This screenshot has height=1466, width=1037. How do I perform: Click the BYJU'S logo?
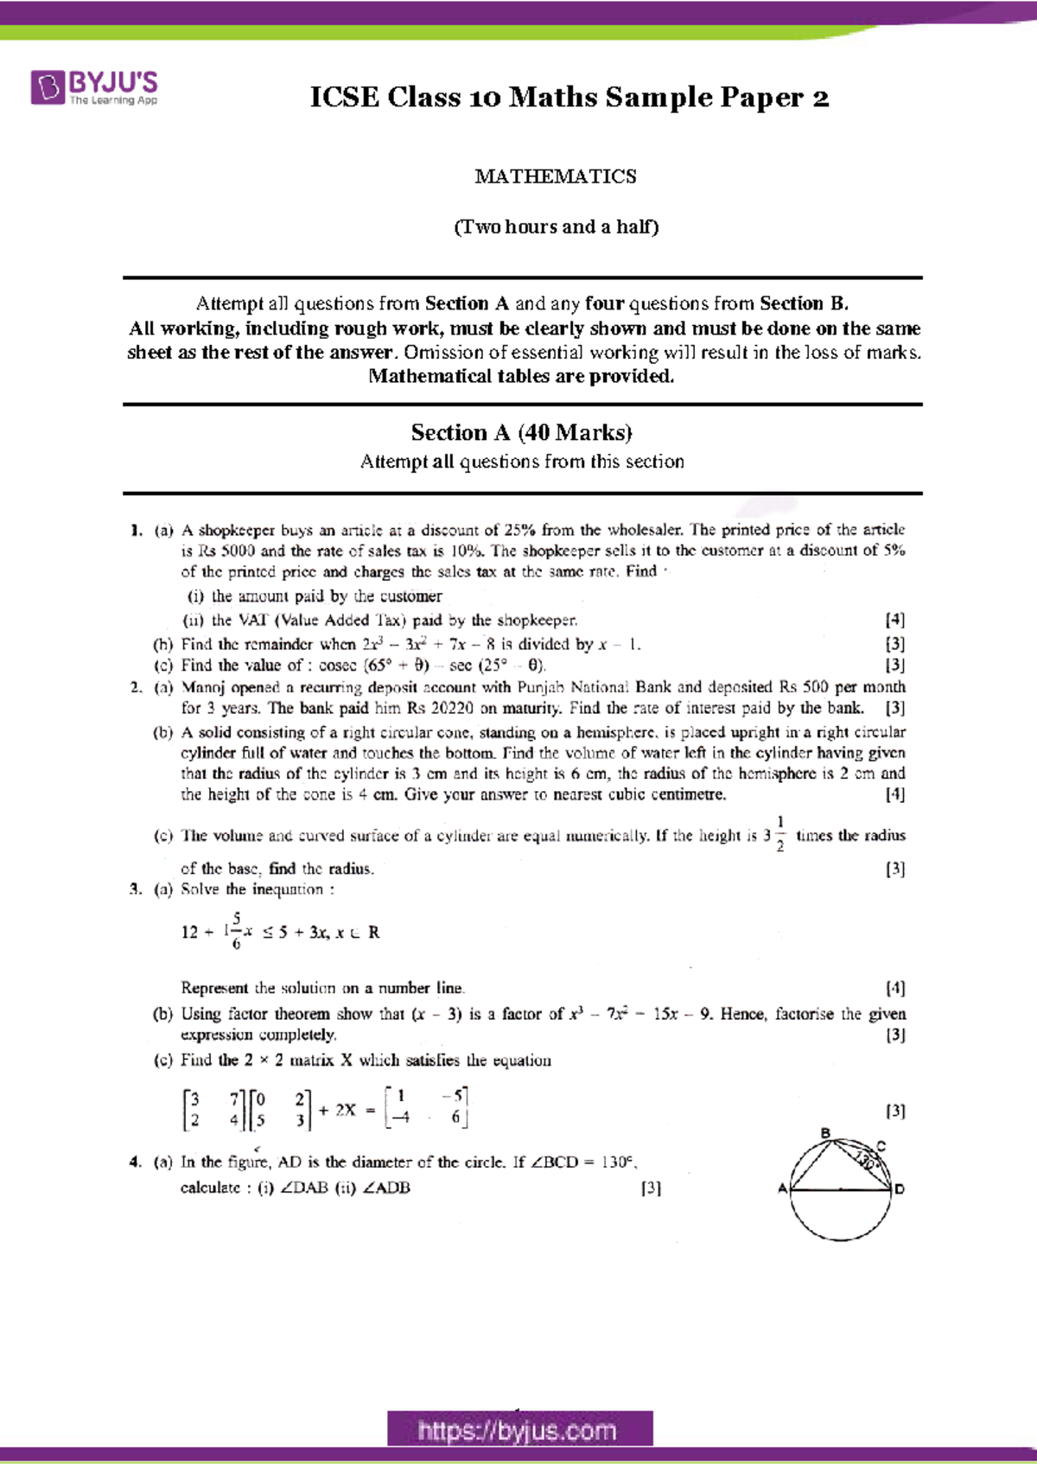click(x=94, y=88)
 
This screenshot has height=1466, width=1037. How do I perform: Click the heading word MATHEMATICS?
click(x=556, y=176)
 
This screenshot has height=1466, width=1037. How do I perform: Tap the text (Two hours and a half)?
click(x=556, y=227)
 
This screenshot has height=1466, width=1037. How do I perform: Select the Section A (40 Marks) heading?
click(x=521, y=432)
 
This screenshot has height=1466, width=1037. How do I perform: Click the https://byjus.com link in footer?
click(x=518, y=1431)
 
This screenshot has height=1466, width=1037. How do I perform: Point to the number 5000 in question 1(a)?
click(x=238, y=551)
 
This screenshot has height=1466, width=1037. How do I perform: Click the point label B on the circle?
click(x=825, y=1132)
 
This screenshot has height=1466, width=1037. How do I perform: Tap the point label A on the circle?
click(x=781, y=1189)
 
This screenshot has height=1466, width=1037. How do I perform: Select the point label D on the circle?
click(x=900, y=1189)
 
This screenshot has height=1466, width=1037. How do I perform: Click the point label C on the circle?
click(x=881, y=1146)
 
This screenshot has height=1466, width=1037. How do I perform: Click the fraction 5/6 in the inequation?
click(x=236, y=931)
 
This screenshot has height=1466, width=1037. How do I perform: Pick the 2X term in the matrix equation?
click(x=345, y=1110)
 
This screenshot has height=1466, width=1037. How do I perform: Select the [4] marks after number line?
click(x=895, y=988)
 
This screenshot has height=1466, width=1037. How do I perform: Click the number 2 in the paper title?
click(x=820, y=98)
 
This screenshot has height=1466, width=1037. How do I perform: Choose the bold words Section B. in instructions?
click(x=804, y=303)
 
